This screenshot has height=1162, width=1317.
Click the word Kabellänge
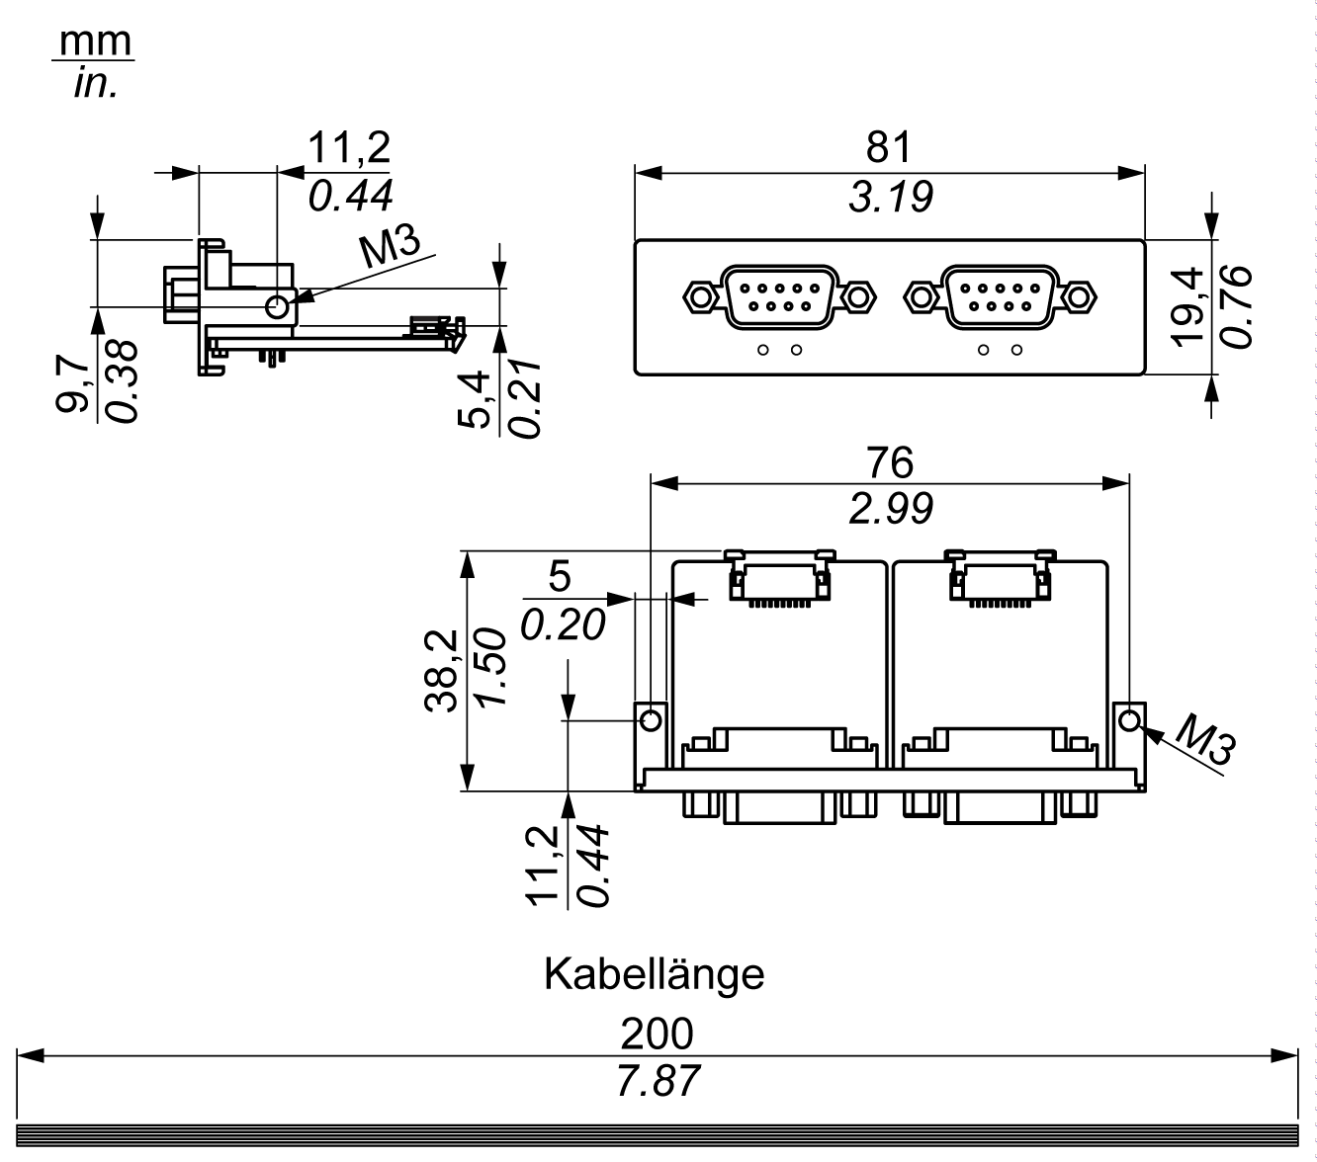coord(654,974)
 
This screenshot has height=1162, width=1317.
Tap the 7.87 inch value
coord(658,1080)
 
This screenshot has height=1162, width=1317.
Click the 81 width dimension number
coord(889,147)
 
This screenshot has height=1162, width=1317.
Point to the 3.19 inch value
coord(891,197)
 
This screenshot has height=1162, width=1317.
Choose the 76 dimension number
coord(890,462)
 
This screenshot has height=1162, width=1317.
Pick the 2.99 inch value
coord(891,508)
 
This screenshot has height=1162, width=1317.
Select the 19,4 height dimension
coord(1186,307)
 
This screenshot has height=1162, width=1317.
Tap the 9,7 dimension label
coord(72,384)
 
